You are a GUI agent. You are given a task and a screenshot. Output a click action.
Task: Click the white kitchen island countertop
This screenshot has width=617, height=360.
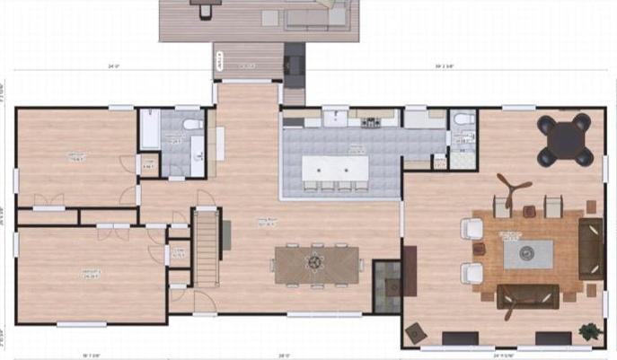coord(335,168)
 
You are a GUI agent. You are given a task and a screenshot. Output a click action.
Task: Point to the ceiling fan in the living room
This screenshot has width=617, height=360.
coord(513,188)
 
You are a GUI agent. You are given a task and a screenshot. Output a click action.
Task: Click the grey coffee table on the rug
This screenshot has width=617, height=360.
coord(527,254)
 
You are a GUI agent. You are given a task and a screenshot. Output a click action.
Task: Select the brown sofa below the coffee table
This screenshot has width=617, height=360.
coord(528,295)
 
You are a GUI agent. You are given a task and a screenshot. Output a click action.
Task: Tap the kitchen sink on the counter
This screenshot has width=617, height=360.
coord(337,117)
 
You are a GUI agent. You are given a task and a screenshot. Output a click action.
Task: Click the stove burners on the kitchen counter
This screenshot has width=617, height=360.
coord(368,117)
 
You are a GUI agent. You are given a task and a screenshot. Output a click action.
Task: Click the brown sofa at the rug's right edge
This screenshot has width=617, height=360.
coord(590,247)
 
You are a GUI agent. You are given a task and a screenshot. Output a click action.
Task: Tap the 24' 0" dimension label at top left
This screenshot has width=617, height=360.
coord(113,66)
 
